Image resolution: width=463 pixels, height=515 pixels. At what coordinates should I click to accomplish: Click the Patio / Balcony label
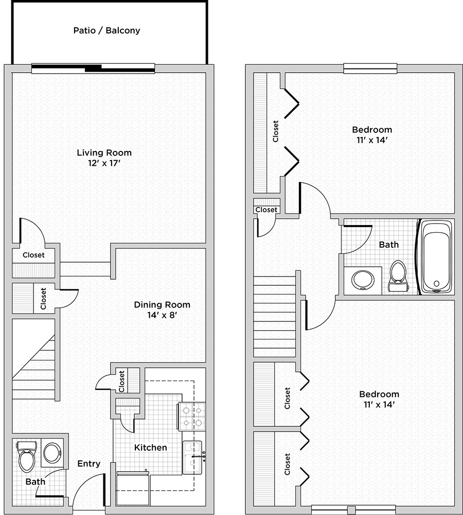click(106, 30)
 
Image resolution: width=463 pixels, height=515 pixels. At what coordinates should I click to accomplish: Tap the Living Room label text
click(104, 152)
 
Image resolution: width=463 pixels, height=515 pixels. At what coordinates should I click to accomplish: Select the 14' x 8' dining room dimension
click(162, 315)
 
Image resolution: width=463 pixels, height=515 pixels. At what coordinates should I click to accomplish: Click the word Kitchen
click(151, 448)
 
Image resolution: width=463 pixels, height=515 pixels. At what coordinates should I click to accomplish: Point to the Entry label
click(88, 463)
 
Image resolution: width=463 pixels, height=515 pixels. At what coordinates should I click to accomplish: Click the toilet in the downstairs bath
click(26, 456)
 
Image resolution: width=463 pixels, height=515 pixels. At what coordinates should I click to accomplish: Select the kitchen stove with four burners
click(192, 416)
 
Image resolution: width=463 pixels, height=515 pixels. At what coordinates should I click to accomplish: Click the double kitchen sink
click(192, 457)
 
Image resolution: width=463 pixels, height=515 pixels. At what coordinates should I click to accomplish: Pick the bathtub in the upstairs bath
click(436, 257)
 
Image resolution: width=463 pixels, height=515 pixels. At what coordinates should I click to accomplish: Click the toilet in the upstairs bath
click(398, 276)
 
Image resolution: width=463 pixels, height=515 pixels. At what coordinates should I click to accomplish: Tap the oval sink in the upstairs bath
click(363, 280)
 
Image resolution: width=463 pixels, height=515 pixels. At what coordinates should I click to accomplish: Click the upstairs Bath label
click(389, 244)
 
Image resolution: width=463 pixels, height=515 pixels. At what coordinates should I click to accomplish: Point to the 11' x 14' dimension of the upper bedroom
click(372, 140)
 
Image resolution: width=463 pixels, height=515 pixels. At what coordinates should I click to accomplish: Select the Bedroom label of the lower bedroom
click(379, 394)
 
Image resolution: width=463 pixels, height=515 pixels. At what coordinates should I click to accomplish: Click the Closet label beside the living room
click(33, 255)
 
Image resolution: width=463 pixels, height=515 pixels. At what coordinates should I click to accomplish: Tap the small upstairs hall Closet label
click(266, 210)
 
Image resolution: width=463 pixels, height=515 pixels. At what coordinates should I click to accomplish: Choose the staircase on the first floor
click(34, 359)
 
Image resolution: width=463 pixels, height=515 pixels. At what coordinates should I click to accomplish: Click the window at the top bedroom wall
click(370, 68)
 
